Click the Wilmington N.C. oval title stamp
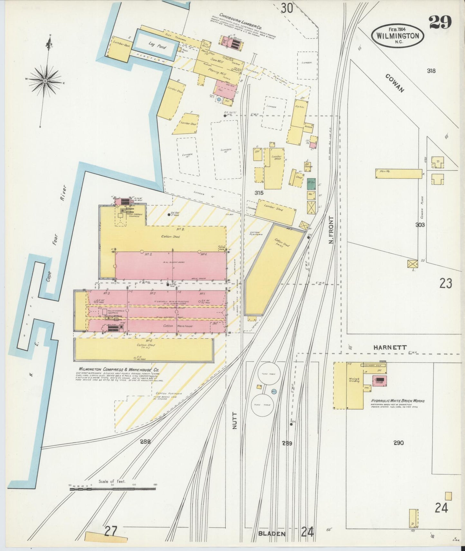[397, 36]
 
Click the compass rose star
[45, 80]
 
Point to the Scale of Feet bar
[113, 489]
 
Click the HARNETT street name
[390, 348]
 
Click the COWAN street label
[394, 83]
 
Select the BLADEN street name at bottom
[272, 534]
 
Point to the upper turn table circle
[265, 374]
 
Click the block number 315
[259, 193]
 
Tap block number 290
[398, 443]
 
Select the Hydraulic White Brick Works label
[398, 401]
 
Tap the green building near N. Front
[311, 184]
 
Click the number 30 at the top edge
[286, 8]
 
